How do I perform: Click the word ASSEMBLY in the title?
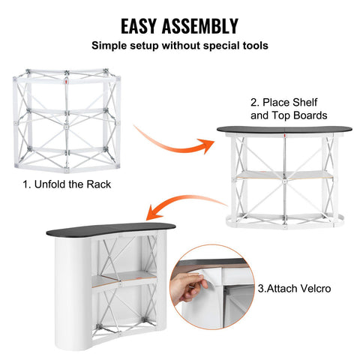point(201,26)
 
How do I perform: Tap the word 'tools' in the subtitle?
point(253,46)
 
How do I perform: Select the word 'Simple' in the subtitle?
point(109,46)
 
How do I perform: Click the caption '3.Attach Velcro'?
point(292,288)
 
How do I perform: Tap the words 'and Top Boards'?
point(288,116)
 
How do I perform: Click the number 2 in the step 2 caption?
point(253,102)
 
